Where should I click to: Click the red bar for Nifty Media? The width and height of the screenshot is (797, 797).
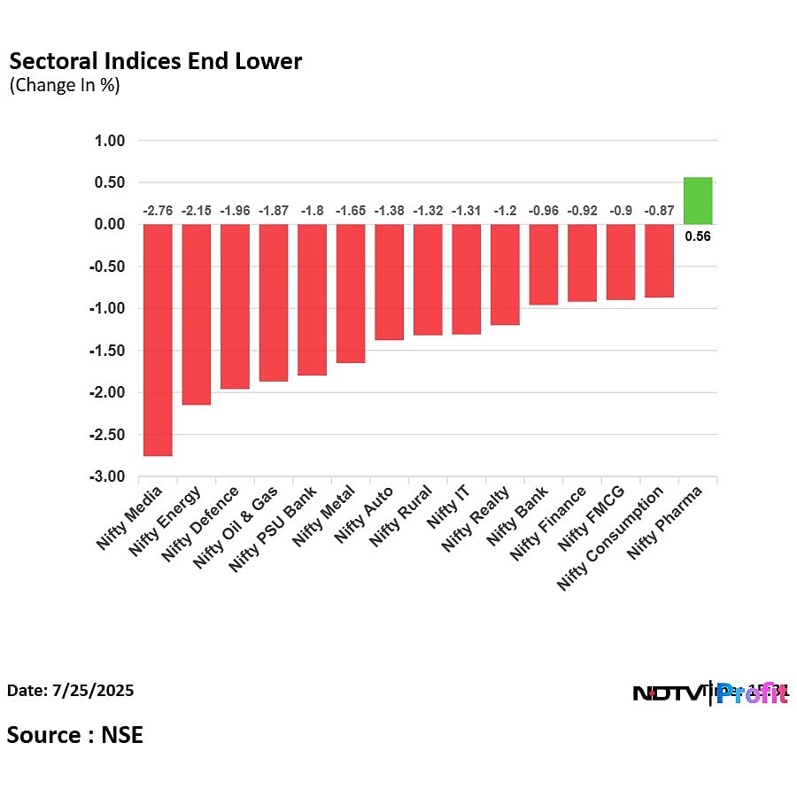point(158,340)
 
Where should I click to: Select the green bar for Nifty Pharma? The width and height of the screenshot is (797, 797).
point(698,200)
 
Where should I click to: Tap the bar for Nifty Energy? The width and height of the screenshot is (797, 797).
point(197,314)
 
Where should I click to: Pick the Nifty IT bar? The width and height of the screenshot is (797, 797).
point(466,279)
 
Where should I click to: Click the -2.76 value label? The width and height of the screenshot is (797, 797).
point(158,210)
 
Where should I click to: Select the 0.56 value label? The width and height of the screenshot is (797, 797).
point(698,236)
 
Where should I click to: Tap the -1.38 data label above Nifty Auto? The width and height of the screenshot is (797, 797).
point(389,210)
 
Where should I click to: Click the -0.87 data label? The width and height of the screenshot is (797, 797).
point(659,210)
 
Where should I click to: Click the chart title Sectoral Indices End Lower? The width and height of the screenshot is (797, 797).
point(155,61)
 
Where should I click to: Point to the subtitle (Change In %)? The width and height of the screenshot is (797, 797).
point(64,86)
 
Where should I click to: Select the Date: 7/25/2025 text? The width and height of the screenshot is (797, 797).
point(70,690)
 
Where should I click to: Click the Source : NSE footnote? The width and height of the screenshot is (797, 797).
point(75,734)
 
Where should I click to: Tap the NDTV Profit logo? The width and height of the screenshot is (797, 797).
point(709,693)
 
